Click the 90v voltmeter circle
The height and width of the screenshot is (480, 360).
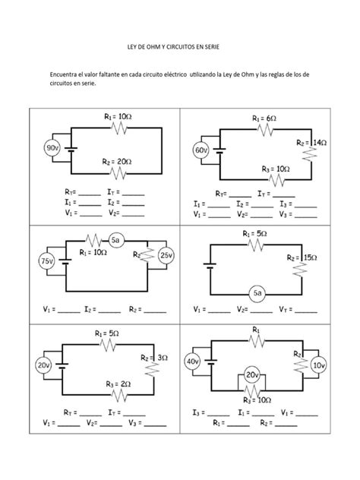point(53,147)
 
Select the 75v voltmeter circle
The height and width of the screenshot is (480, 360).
point(47,262)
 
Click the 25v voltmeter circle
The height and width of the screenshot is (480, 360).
point(166,256)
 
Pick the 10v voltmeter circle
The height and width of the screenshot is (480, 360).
point(318,365)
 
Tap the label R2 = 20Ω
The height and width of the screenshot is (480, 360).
point(117,161)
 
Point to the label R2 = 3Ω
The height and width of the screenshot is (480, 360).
point(155,357)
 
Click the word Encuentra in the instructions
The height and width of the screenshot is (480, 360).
point(66,75)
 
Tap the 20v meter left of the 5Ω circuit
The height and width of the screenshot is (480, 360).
point(43,365)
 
